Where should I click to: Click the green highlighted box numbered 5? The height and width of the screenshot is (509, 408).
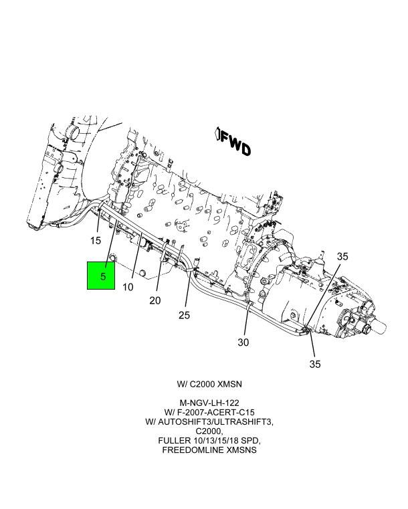[x=103, y=276]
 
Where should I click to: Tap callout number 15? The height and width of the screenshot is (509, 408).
[x=96, y=241]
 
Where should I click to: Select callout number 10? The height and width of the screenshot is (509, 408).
[x=128, y=287]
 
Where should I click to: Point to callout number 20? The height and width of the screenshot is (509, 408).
[x=155, y=300]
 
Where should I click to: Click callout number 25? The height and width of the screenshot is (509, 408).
[x=185, y=314]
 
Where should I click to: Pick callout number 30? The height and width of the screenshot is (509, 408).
[x=243, y=342]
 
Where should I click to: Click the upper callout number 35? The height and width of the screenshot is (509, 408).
[x=342, y=256]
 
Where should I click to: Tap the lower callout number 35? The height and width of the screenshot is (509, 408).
[x=314, y=364]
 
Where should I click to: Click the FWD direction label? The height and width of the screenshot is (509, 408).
[x=236, y=144]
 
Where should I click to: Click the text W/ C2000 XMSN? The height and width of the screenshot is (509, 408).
[x=209, y=385]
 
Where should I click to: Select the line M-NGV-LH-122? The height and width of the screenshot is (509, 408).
[x=209, y=403]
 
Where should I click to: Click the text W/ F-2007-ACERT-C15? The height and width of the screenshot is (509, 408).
[x=209, y=413]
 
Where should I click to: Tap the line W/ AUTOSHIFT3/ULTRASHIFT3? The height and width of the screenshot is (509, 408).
[x=209, y=422]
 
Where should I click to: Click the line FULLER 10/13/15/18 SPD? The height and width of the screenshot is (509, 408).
[x=209, y=441]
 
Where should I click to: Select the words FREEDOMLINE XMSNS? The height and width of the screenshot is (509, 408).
[x=209, y=450]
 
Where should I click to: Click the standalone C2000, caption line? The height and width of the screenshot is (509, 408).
[x=209, y=431]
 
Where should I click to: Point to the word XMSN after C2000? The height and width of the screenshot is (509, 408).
[x=228, y=385]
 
